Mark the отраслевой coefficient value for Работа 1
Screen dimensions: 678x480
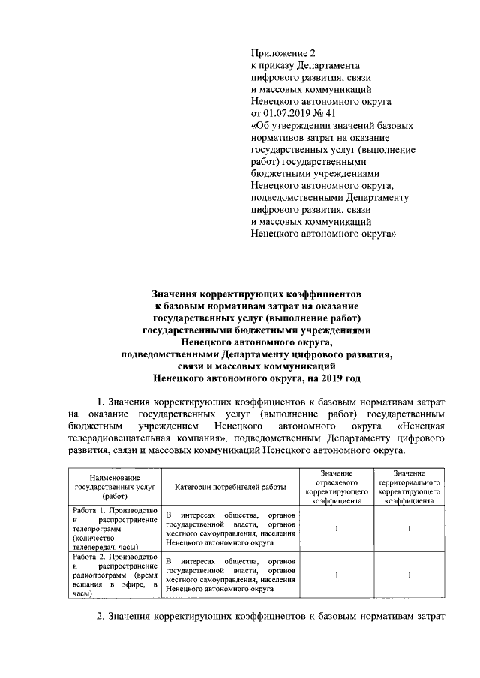pyautogui.click(x=337, y=530)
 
